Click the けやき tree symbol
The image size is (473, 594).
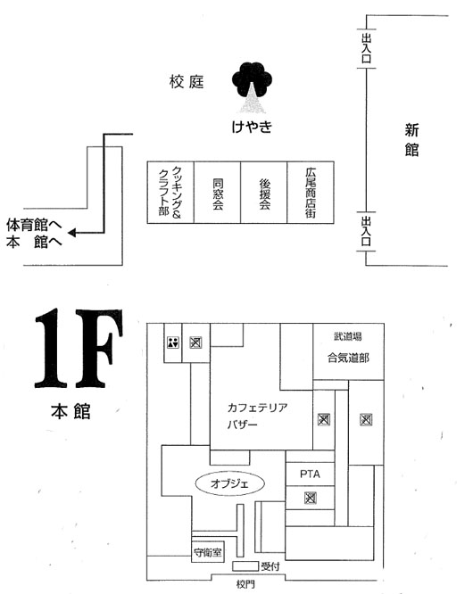252,87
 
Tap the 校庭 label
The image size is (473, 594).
187,82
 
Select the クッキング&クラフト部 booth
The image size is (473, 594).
170,193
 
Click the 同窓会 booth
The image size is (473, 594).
217,193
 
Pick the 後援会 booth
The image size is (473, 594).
264,193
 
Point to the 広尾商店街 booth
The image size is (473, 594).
311,193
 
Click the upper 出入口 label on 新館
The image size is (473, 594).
366,48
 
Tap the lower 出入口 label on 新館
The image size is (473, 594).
366,232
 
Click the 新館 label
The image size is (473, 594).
411,140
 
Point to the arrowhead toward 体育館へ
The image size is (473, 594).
72,233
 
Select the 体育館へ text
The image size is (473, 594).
34,225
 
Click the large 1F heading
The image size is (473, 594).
79,349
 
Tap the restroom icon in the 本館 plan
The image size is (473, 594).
173,342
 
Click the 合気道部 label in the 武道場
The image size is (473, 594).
348,358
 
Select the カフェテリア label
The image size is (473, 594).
257,408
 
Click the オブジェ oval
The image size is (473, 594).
229,483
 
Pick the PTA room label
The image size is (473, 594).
310,474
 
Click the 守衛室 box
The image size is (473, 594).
208,553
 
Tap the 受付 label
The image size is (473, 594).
270,566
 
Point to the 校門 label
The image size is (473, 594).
245,584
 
